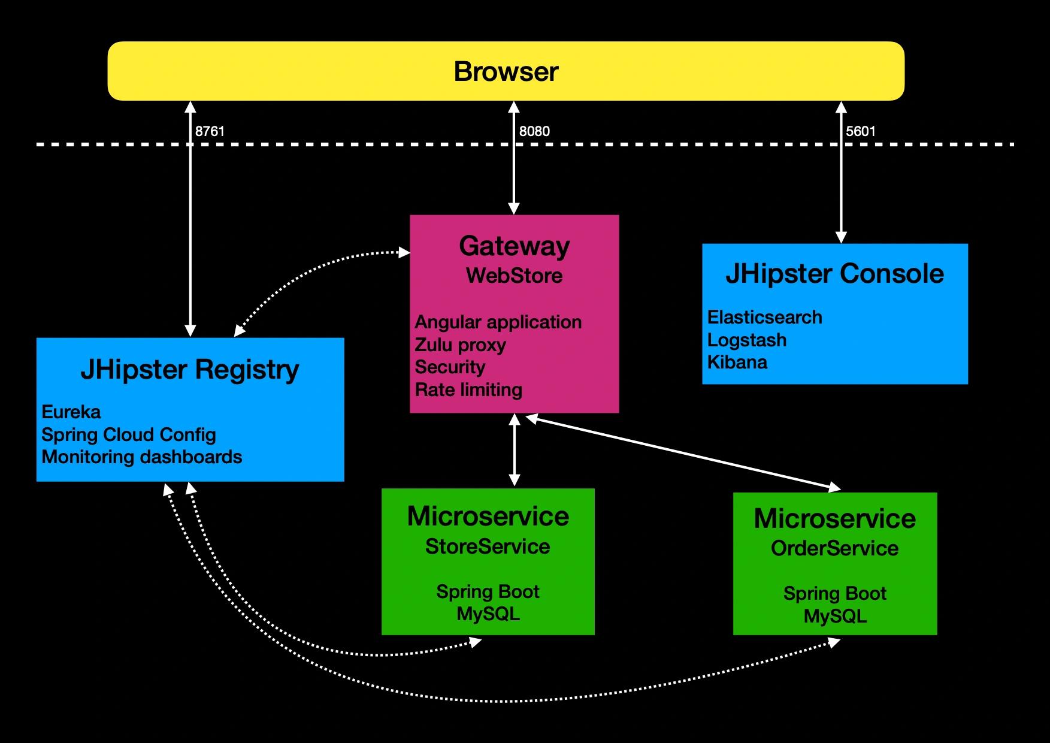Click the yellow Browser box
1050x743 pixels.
[506, 71]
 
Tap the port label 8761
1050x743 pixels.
[210, 131]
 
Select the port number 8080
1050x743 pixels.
[534, 131]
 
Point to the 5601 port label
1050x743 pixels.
[861, 131]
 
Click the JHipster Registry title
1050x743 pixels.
[190, 370]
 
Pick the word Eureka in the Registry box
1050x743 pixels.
[71, 412]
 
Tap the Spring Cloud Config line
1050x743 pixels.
[129, 434]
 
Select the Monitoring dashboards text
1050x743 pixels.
[142, 457]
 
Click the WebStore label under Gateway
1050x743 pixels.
[515, 276]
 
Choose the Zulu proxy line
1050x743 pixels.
[461, 345]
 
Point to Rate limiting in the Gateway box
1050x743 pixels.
[468, 390]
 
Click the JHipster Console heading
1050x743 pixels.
[835, 273]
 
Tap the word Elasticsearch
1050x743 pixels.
[765, 317]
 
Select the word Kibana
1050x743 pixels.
[737, 362]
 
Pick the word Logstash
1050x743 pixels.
[747, 340]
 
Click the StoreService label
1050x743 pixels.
[488, 546]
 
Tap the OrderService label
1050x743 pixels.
[835, 548]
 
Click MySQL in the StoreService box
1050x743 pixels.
[488, 614]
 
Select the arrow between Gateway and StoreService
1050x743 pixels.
[514, 449]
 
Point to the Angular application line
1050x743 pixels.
[498, 322]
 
